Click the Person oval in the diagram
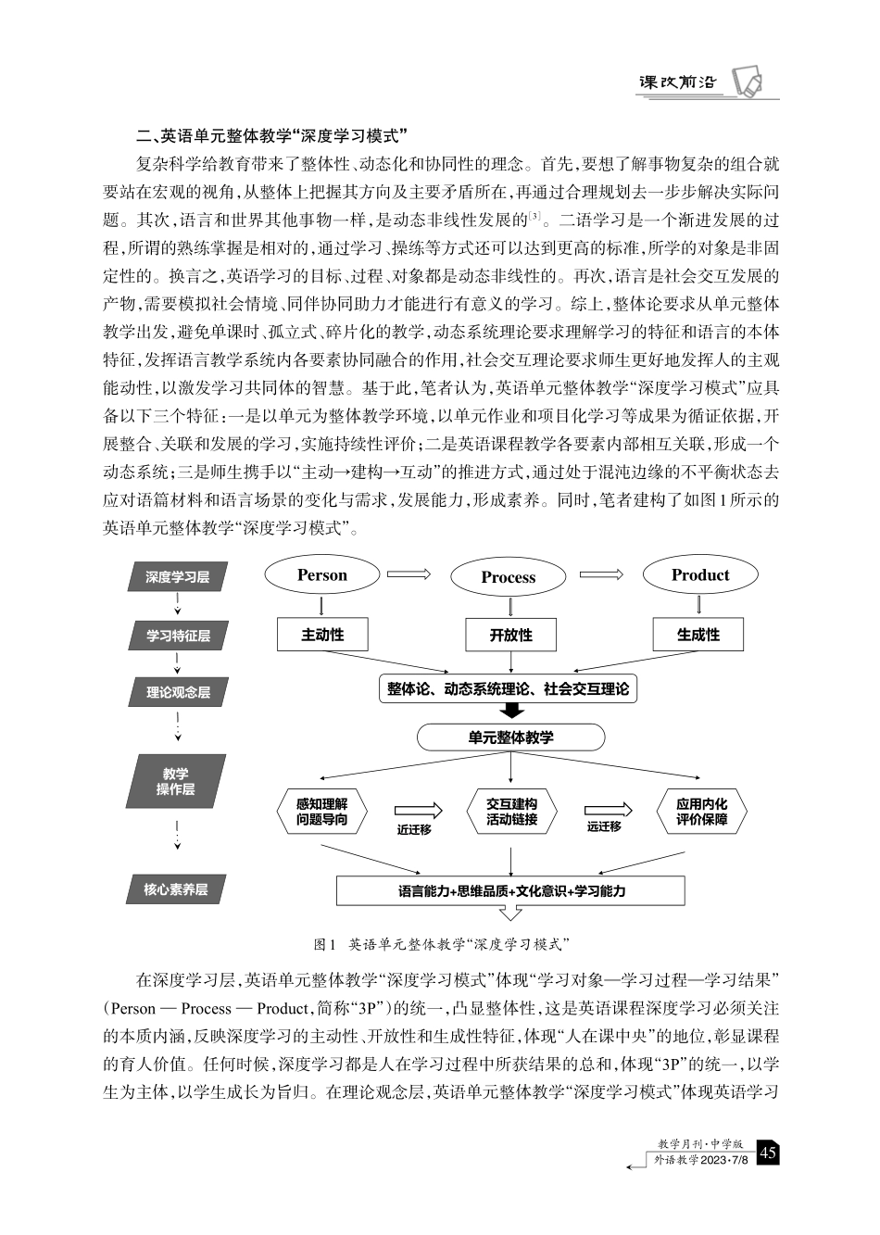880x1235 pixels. coord(322,575)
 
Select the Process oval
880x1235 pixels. coord(508,577)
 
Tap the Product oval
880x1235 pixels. coord(700,575)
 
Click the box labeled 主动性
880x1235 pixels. coord(322,635)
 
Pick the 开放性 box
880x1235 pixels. coord(510,636)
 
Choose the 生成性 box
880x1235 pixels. coord(698,635)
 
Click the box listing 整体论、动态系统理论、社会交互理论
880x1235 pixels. coord(508,689)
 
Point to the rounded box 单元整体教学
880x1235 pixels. coord(510,737)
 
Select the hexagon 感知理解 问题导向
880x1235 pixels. coord(322,812)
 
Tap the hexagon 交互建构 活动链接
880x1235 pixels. coord(511,812)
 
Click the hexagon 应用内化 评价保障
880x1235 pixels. coord(701,812)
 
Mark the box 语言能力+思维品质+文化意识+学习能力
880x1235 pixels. coord(510,891)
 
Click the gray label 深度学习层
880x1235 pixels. coord(177,577)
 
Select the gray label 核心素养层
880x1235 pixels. coord(176,889)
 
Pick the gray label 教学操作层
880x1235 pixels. coord(176,781)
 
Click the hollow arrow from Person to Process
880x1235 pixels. coord(409,575)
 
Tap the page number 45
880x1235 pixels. coord(768,1153)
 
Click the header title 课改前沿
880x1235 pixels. coord(678,82)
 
